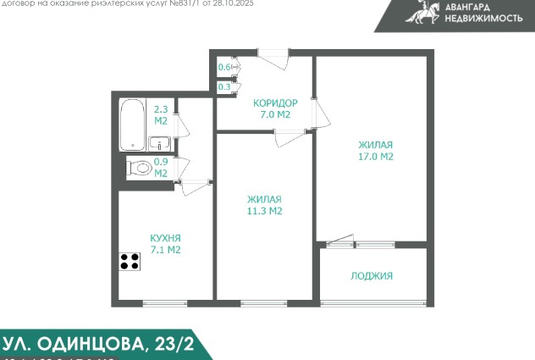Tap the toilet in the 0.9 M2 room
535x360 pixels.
tap(141, 168)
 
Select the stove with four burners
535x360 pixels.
tap(130, 261)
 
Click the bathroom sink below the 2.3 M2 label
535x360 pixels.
tap(159, 142)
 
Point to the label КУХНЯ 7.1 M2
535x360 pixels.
tap(165, 244)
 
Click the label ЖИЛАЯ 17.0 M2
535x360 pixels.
tap(375, 150)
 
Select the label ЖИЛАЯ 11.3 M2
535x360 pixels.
tap(264, 205)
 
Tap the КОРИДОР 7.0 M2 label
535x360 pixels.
tap(272, 108)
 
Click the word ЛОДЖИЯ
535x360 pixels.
tap(372, 276)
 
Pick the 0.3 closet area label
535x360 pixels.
tap(224, 86)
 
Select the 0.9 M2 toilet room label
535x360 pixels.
tap(160, 168)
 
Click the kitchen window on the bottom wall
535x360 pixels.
tap(165, 303)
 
